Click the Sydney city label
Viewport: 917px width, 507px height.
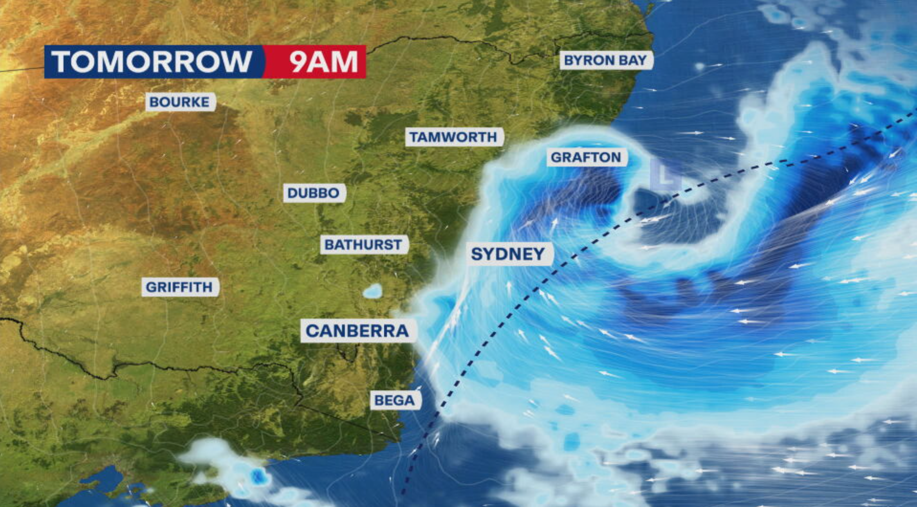coord(508,254)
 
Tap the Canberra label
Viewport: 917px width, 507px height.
coord(357,331)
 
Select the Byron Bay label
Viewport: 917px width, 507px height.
coord(605,60)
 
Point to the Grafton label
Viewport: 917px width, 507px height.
coord(586,157)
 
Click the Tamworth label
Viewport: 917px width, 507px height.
coord(453,137)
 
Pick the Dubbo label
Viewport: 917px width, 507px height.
coord(314,193)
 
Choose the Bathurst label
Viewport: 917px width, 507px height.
coord(363,245)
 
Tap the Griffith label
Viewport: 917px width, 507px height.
coord(179,287)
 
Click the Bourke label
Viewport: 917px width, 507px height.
coord(180,102)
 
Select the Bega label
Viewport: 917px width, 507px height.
coord(395,400)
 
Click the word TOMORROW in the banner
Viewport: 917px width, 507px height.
coord(152,61)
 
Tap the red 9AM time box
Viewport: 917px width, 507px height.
coord(323,61)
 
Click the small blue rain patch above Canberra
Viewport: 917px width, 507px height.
coord(372,291)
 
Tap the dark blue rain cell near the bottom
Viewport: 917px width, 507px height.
coord(258,476)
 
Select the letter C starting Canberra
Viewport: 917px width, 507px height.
coord(312,331)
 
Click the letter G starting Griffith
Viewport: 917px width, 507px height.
coord(151,287)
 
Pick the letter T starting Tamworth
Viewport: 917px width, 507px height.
coord(414,137)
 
